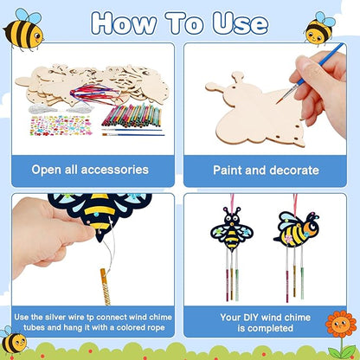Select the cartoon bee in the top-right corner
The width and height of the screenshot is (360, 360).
point(320,28)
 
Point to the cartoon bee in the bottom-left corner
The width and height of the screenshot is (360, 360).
point(12,341)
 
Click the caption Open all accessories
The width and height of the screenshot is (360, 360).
point(94,170)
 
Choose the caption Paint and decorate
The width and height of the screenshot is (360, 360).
point(264,170)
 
